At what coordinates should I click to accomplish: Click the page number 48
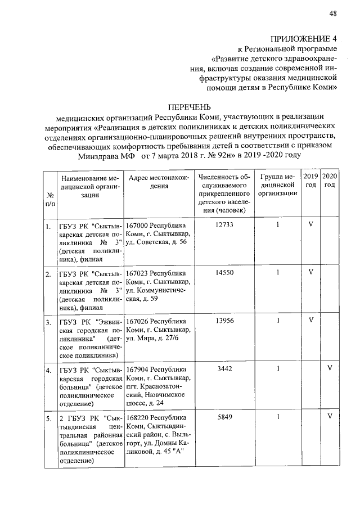[x=332, y=13]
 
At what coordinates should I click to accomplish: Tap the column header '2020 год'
[x=330, y=181]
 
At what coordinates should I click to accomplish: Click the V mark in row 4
[x=330, y=369]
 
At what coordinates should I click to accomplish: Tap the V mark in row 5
[x=330, y=417]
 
